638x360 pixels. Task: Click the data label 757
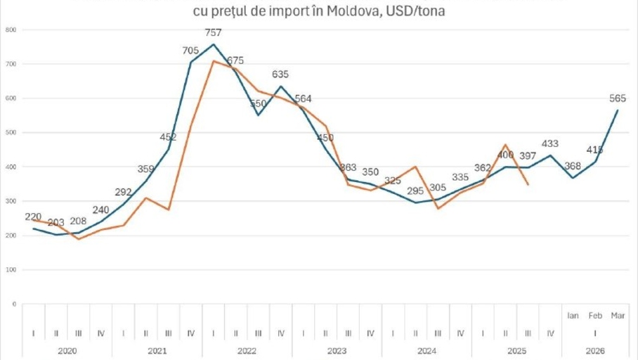coord(214,32)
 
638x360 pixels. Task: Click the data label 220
coord(33,217)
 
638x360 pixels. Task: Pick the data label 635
coord(280,74)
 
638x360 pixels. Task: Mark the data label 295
coord(415,190)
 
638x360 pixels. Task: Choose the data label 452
coord(169,137)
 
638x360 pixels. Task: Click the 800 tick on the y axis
coord(11,30)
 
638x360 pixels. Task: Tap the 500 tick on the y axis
coord(11,133)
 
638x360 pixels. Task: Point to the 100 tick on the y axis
coord(11,270)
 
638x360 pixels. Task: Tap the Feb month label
coord(595,316)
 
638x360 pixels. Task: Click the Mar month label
coord(618,316)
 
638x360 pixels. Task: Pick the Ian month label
coord(573,316)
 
